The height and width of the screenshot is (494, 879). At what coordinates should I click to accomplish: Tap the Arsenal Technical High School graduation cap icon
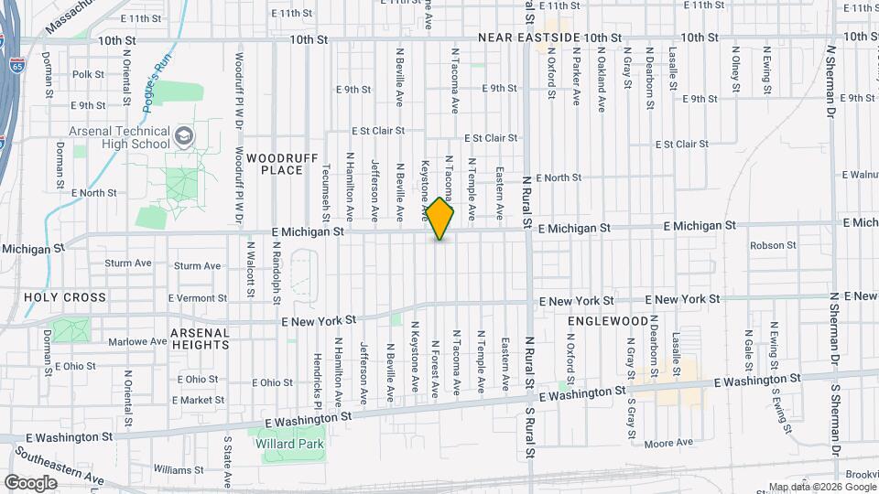184,136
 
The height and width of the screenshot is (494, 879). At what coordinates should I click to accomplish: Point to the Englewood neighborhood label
607,322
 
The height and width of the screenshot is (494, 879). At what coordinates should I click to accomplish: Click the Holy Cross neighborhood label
65,297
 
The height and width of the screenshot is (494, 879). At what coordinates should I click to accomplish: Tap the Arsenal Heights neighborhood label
201,338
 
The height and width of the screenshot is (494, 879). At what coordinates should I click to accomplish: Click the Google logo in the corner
30,482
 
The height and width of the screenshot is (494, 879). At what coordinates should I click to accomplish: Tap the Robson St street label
773,245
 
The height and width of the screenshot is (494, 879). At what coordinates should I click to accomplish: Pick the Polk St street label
88,74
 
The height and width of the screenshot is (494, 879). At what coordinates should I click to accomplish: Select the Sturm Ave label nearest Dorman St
127,263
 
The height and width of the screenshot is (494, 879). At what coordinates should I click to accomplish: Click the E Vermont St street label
197,298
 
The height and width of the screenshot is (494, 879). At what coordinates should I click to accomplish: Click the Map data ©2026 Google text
822,487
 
